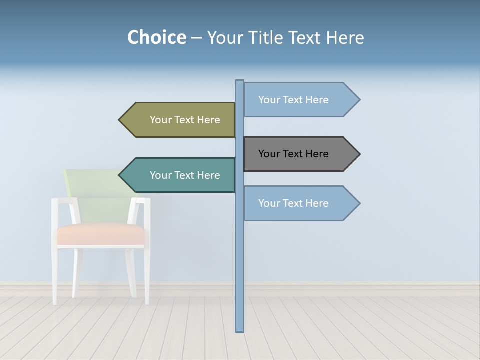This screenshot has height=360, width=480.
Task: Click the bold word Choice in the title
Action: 156,37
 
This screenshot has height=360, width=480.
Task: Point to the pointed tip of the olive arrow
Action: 120,120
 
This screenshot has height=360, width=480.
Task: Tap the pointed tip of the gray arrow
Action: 359,154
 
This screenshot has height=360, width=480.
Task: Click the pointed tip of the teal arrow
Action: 120,175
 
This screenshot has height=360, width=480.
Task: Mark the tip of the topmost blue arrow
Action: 359,99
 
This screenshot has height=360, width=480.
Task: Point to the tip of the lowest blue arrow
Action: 359,203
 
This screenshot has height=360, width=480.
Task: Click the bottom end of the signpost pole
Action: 240,330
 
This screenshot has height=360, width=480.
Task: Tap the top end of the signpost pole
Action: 240,81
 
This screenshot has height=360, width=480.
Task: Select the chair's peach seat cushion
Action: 100,234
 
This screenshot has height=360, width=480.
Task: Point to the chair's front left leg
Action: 55,275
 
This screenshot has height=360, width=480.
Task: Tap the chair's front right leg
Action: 147,275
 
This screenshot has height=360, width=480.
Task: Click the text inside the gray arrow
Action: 293,154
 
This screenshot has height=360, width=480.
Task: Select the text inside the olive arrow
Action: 185,120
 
